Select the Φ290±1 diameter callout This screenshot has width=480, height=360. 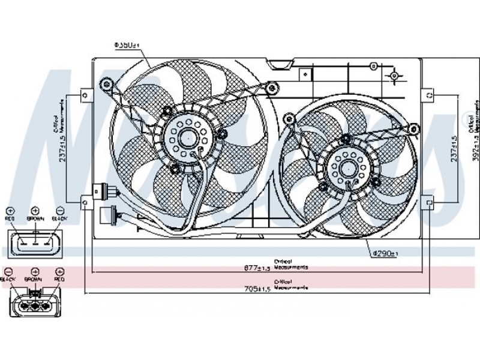(384, 254)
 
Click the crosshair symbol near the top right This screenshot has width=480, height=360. (394, 76)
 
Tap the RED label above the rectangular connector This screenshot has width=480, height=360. (10, 220)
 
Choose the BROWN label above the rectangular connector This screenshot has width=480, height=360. (35, 220)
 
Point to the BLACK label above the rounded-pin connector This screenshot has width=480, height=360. (8, 280)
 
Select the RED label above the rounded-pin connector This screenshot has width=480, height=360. (59, 280)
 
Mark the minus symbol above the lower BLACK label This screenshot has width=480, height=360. (8, 271)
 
